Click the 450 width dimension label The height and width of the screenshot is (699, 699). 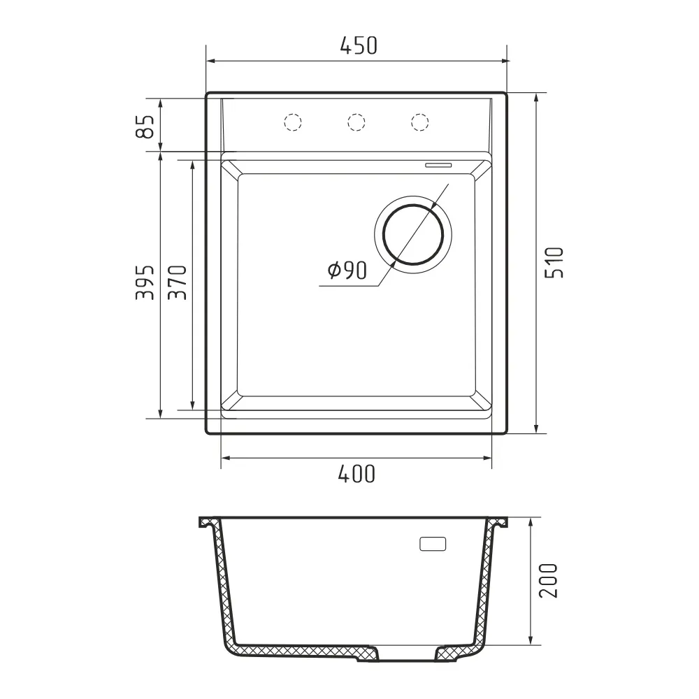[359, 45]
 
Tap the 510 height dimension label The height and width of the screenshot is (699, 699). [554, 263]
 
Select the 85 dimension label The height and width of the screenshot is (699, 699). [145, 126]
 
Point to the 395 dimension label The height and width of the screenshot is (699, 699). [145, 282]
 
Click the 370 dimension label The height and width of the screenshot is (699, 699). [178, 282]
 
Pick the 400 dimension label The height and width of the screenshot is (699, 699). [356, 475]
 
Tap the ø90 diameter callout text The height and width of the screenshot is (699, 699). [347, 270]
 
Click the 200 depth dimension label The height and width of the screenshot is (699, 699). [548, 580]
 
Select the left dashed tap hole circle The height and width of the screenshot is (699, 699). [293, 122]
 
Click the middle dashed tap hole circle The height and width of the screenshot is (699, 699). [356, 122]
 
